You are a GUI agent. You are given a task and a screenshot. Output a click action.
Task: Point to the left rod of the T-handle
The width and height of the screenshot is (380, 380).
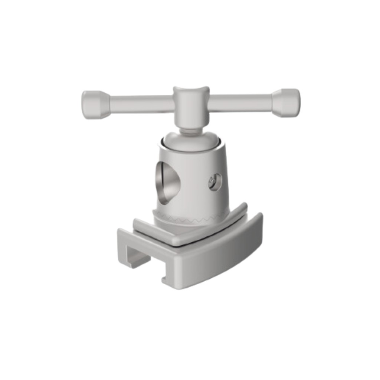(141, 104)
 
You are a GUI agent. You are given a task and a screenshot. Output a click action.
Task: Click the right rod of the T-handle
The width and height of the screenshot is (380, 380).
(241, 102)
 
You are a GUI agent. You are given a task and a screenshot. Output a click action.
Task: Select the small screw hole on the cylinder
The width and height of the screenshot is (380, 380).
(215, 182)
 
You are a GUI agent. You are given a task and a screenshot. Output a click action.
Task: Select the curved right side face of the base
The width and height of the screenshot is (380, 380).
(223, 260)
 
